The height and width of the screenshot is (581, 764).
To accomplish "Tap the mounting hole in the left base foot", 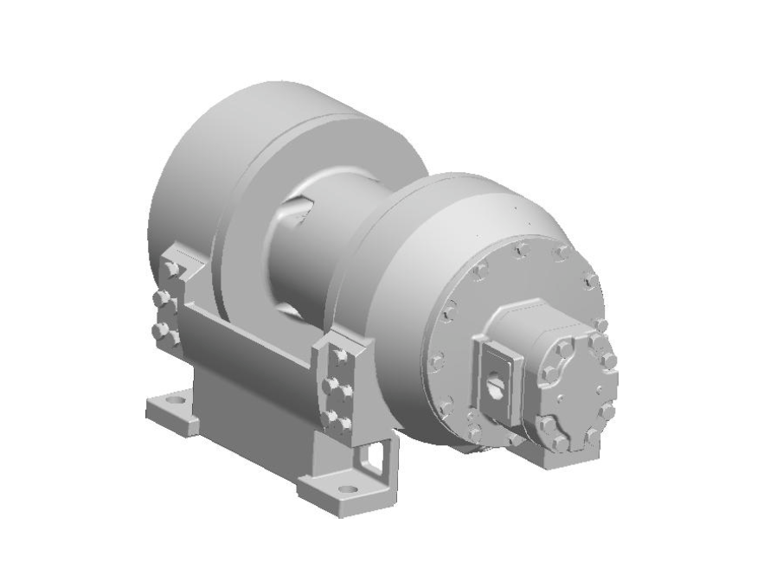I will [x=174, y=402].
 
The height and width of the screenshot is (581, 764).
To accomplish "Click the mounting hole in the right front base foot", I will [x=348, y=489].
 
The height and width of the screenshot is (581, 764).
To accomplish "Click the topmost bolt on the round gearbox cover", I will [x=522, y=251].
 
